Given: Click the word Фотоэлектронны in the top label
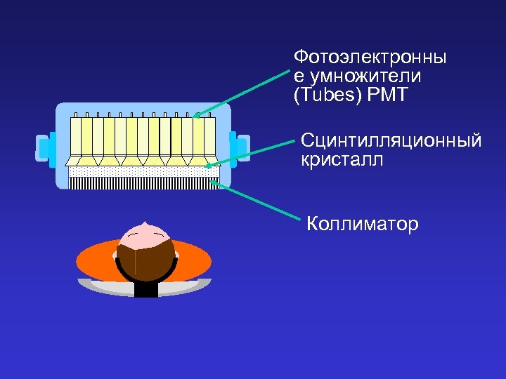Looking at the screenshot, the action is [x=370, y=56].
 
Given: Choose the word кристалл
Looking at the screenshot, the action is [x=343, y=160].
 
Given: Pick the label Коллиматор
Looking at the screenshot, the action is [x=363, y=225].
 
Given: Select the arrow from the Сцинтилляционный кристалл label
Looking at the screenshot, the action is [x=249, y=154].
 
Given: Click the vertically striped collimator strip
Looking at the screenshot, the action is [x=144, y=183].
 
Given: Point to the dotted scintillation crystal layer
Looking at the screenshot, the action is [x=144, y=171].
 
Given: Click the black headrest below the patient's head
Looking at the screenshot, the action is [x=145, y=288].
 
